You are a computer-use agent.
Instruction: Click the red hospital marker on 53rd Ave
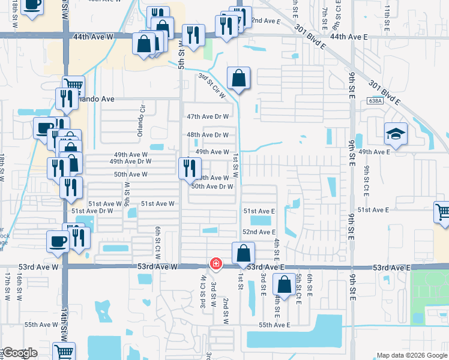[x=215, y=263]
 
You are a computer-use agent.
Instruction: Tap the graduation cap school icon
[x=396, y=134]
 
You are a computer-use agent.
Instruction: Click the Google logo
[x=19, y=353]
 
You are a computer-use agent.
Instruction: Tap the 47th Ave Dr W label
[x=208, y=116]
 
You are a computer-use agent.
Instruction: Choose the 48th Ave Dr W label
[x=208, y=135]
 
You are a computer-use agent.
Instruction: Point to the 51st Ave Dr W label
[x=92, y=211]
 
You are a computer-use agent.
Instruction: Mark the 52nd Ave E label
[x=259, y=232]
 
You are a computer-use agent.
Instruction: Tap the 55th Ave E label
[x=274, y=325]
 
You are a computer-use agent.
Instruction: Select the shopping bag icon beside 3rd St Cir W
[x=238, y=78]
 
